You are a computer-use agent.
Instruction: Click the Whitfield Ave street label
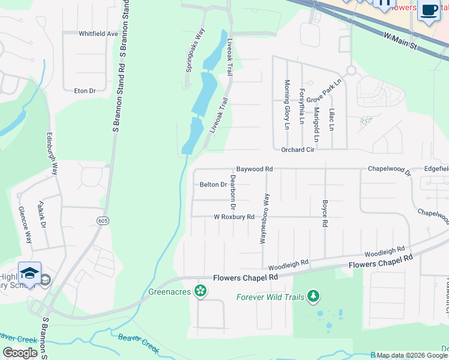click(x=98, y=34)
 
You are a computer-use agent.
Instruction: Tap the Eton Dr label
click(x=85, y=91)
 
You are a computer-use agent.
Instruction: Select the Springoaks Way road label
click(x=195, y=50)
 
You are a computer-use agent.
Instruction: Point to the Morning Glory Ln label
click(x=287, y=104)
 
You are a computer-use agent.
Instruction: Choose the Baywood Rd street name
click(x=254, y=169)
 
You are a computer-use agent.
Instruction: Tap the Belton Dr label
click(x=213, y=185)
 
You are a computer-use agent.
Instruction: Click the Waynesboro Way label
click(x=262, y=218)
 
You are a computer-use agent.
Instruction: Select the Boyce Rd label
click(x=325, y=213)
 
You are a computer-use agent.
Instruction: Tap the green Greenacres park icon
click(x=200, y=292)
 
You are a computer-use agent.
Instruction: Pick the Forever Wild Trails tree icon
click(x=313, y=296)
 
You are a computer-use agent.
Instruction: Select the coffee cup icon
click(x=429, y=10)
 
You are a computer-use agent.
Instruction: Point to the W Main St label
click(x=400, y=42)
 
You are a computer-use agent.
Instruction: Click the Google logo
click(x=20, y=353)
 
